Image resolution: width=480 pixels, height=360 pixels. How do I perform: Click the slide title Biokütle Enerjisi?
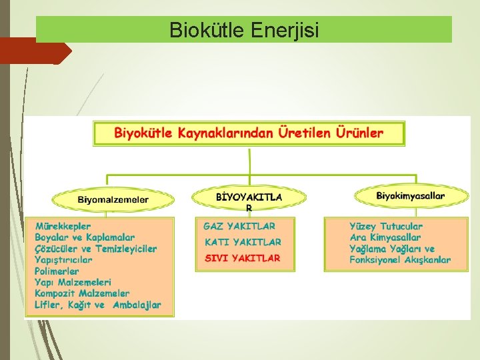coord(244,30)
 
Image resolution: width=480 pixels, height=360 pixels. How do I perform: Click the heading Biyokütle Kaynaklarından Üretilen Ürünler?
coord(249,133)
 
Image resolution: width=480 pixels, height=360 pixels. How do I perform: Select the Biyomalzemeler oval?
coord(113,199)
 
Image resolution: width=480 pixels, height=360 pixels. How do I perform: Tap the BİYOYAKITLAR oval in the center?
coord(249,197)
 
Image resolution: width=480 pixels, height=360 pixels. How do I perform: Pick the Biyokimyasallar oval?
coord(411,195)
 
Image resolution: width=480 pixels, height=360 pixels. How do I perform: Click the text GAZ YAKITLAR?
coord(239,226)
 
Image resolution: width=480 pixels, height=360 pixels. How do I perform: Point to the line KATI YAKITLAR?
coord(242,242)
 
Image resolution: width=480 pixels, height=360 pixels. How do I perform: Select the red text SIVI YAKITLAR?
coord(242,257)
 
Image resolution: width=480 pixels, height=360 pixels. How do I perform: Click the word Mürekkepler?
coord(63,226)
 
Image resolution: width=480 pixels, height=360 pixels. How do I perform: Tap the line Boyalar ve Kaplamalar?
coord(85,237)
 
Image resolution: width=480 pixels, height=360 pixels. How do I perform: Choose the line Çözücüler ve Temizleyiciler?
coord(96,249)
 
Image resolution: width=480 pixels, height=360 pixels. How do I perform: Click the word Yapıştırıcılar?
coord(63,260)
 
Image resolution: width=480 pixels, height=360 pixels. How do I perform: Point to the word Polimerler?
coord(57,271)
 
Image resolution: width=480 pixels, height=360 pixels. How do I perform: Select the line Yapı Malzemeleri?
coord(73,283)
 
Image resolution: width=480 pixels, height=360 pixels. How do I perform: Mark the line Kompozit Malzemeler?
coord(82,293)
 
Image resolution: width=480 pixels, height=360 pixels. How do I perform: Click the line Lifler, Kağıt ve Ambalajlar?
coord(98,305)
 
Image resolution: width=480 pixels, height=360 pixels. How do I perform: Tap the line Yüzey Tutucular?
coord(386,226)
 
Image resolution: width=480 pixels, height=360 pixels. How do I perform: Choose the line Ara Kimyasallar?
coord(385,237)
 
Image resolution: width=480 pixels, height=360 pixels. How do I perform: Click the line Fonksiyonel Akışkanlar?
coord(400,260)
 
